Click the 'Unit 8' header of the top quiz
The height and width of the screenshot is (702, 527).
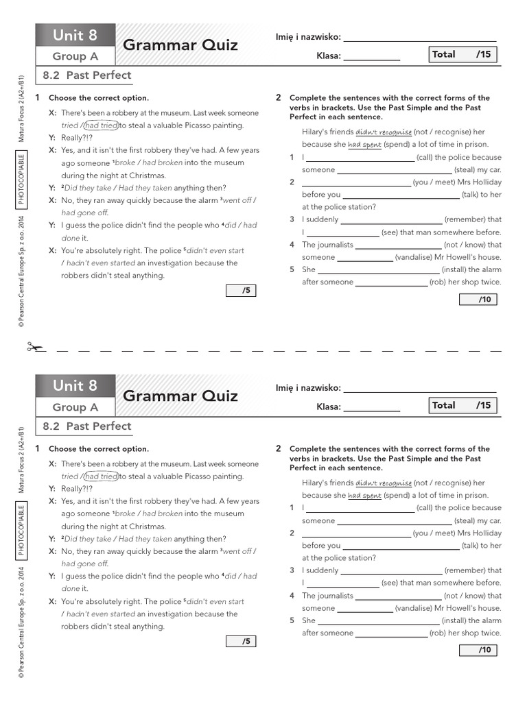pos(75,35)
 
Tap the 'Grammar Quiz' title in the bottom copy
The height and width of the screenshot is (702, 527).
pos(180,396)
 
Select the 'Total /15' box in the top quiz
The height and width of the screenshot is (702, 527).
pos(462,54)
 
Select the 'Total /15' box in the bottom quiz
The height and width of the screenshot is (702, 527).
pos(462,405)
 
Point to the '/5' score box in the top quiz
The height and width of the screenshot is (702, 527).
pos(241,291)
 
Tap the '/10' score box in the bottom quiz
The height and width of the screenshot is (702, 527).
pos(478,650)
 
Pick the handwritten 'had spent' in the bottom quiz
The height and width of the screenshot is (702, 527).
pos(364,495)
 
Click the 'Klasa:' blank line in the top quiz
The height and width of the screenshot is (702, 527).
pos(371,58)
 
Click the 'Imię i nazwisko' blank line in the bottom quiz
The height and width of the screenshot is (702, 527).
pos(420,389)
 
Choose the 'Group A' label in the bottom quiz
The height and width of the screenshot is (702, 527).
pos(75,407)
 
